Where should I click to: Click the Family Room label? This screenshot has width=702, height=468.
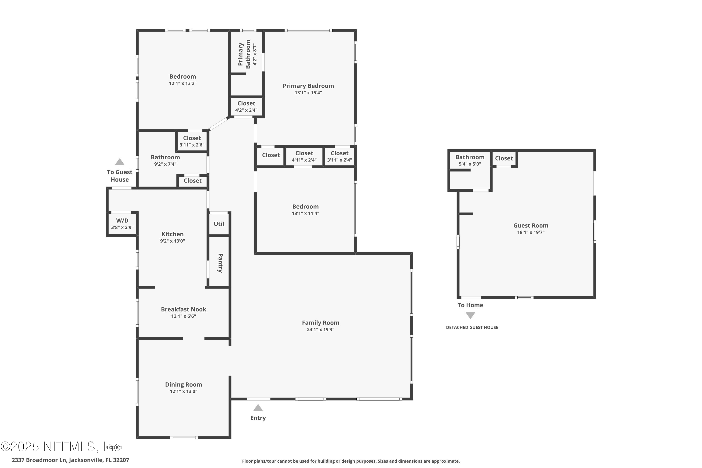tap(320, 323)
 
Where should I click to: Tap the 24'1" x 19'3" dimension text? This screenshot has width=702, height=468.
tap(320, 329)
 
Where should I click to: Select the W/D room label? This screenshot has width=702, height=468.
tap(122, 221)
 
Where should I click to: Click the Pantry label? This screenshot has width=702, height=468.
tap(220, 263)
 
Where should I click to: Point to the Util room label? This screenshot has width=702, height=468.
tap(219, 224)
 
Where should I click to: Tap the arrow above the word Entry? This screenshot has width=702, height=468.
tap(258, 408)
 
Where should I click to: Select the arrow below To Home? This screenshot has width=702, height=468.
tap(470, 315)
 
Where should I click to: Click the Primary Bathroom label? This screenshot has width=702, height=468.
tap(244, 54)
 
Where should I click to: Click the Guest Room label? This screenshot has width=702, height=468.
tap(531, 226)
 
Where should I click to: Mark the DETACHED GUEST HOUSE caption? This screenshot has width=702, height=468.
tap(472, 327)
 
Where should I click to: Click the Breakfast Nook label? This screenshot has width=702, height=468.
tap(183, 310)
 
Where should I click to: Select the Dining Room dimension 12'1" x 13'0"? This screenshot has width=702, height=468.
tap(183, 391)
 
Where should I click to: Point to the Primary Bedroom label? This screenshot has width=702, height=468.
tap(308, 86)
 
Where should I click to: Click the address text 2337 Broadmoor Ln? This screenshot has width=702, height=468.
tap(39, 460)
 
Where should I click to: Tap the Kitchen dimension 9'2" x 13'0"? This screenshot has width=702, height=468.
tap(172, 241)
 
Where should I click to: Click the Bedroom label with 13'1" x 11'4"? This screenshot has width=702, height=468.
tap(305, 207)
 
